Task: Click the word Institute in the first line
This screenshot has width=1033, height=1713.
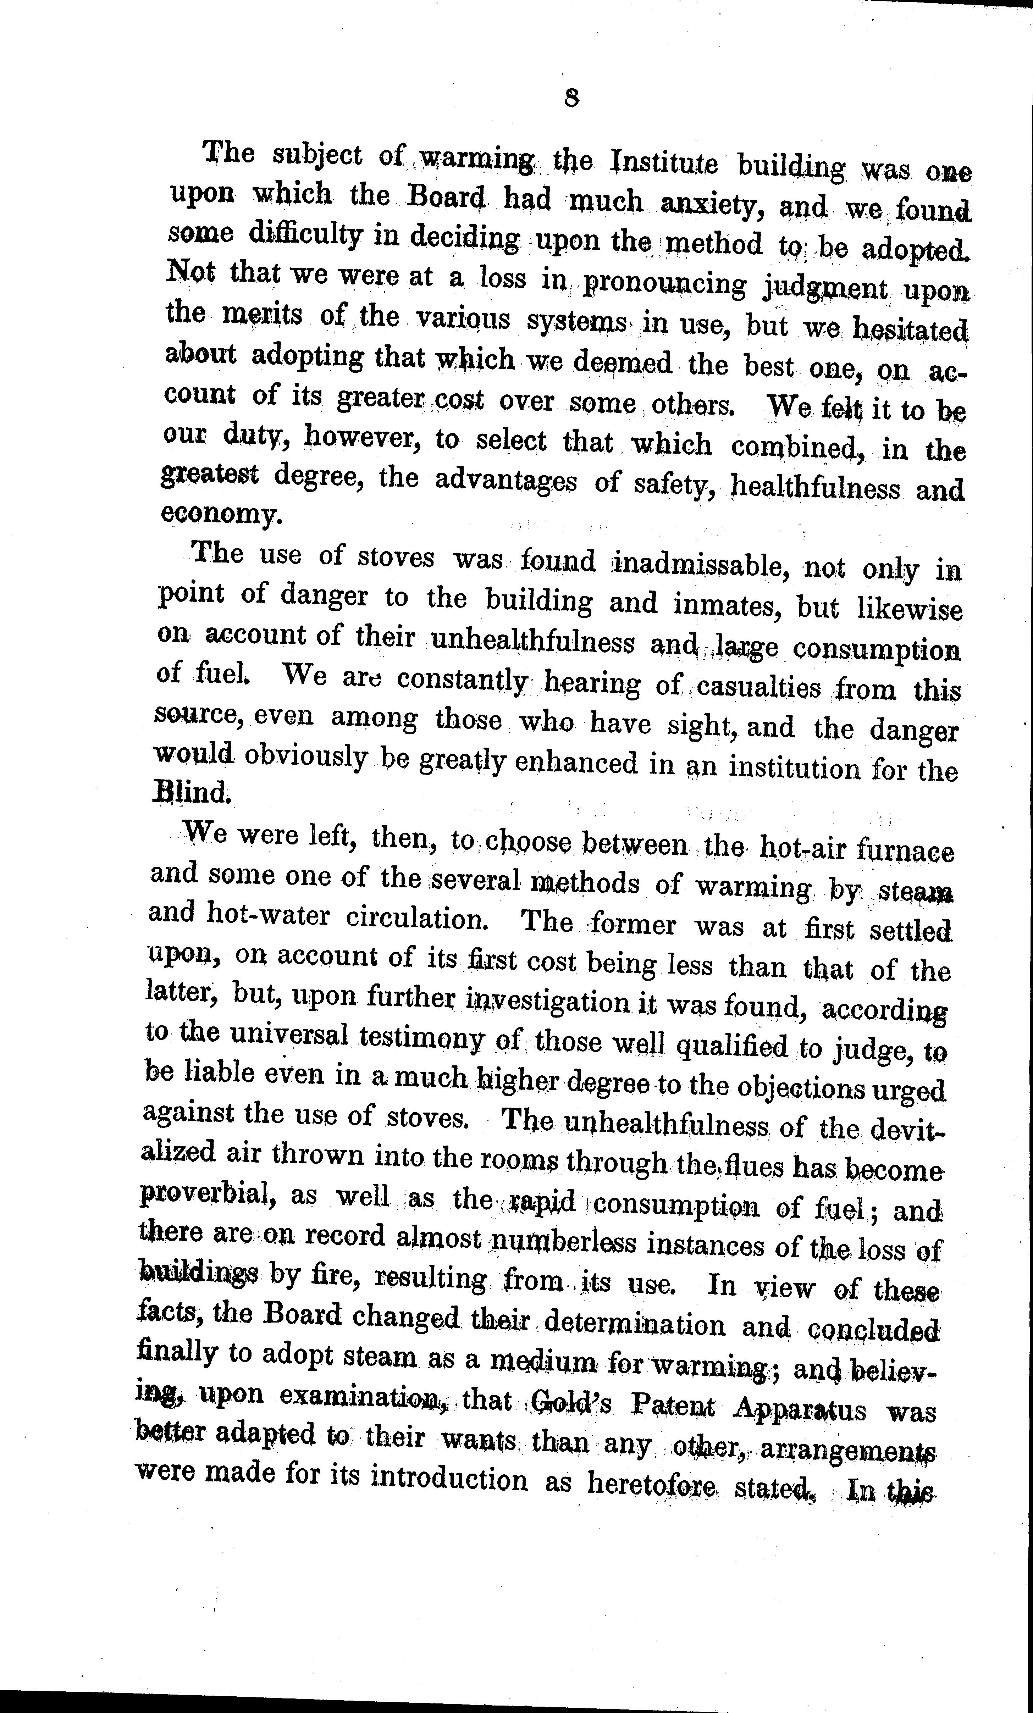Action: coord(663,163)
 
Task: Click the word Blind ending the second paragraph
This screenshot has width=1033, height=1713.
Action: coord(190,793)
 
